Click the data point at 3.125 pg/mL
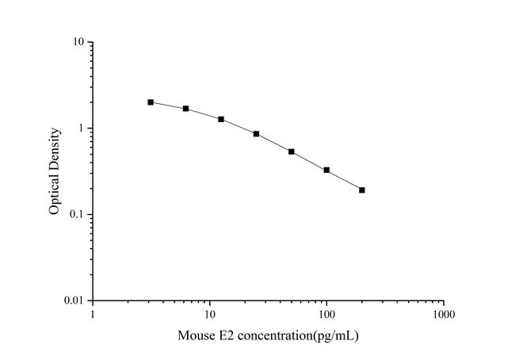pos(151,102)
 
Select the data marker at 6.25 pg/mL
pos(186,109)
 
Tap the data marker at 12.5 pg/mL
pos(221,119)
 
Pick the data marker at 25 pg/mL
pos(256,134)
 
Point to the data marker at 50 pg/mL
pos(292,151)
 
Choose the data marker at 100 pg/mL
pos(326,170)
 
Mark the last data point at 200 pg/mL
pos(362,190)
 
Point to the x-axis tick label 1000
pos(444,315)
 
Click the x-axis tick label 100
pos(326,315)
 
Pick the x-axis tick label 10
pos(210,315)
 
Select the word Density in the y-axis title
pos(55,149)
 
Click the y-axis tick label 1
pos(83,128)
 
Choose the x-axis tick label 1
pos(93,315)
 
